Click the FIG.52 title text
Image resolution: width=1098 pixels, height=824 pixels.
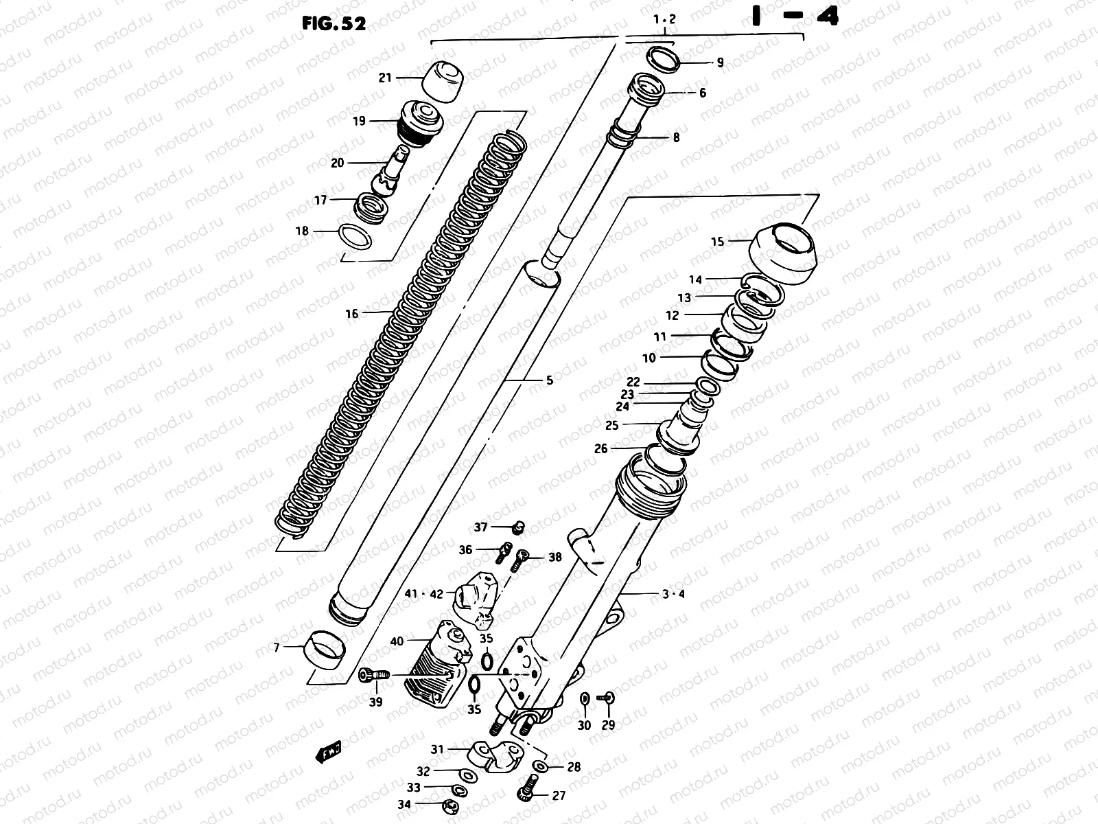334,23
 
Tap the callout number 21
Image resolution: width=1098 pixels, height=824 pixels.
385,78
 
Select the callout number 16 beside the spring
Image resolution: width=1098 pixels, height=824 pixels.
351,314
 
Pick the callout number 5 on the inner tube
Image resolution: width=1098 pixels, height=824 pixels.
549,380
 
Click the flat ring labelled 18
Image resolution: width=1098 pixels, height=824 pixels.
356,237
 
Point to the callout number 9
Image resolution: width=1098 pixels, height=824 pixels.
720,62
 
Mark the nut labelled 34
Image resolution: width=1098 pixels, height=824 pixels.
450,805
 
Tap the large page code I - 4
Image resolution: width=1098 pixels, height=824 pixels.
795,17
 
